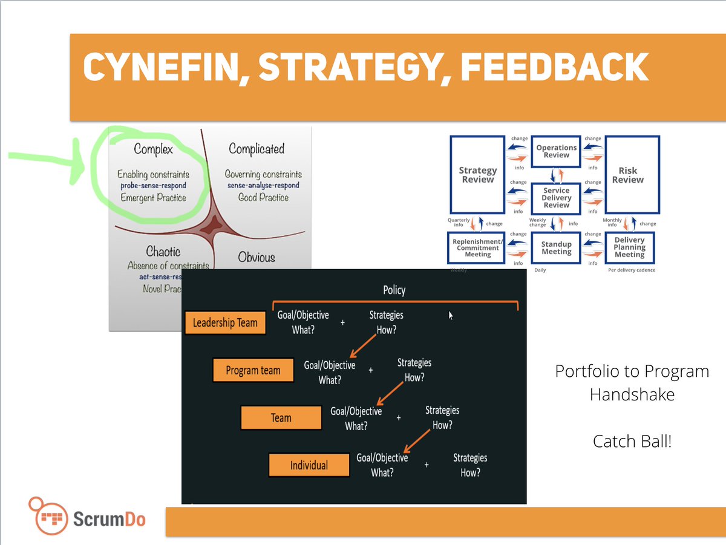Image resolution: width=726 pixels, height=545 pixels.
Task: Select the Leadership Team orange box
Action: click(225, 322)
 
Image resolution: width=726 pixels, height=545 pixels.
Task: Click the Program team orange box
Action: click(253, 370)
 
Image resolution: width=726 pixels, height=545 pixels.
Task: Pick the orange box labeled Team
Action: click(281, 417)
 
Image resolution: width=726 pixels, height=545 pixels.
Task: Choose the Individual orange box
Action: click(309, 465)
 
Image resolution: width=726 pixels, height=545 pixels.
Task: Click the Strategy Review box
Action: click(477, 175)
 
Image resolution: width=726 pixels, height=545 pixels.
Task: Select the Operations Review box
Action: click(556, 151)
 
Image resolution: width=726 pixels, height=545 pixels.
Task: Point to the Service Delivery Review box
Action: click(556, 197)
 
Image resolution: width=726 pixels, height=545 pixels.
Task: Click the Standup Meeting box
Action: click(556, 248)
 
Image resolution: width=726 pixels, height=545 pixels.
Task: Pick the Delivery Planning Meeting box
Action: click(629, 247)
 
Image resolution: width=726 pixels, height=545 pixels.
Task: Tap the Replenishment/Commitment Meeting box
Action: click(477, 247)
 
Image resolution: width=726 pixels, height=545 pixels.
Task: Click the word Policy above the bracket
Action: click(394, 290)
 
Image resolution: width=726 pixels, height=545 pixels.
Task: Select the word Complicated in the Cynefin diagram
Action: click(257, 149)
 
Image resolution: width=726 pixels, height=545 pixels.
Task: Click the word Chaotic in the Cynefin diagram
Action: click(163, 251)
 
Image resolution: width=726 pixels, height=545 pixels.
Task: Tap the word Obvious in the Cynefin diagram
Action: click(257, 257)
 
